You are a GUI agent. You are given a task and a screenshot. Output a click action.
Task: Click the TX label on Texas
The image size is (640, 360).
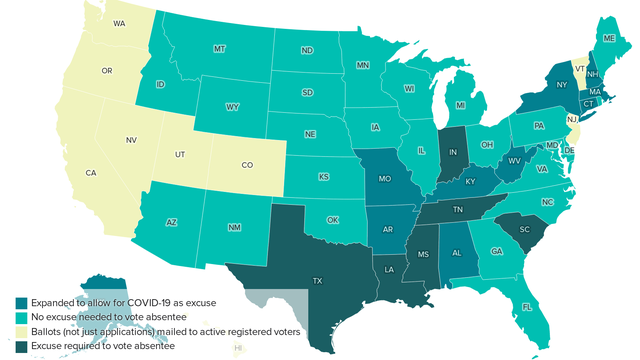(317, 282)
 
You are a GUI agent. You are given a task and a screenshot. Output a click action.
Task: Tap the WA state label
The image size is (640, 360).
(119, 22)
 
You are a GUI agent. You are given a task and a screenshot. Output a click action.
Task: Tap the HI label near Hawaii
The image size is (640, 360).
(238, 348)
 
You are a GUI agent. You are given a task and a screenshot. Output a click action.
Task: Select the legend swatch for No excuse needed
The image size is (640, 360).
(21, 316)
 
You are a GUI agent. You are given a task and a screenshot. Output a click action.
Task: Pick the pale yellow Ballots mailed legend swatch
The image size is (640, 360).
(21, 330)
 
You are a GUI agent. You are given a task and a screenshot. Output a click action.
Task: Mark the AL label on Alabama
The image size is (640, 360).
(456, 254)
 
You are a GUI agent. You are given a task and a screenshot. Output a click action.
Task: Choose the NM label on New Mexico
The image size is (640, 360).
(234, 228)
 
